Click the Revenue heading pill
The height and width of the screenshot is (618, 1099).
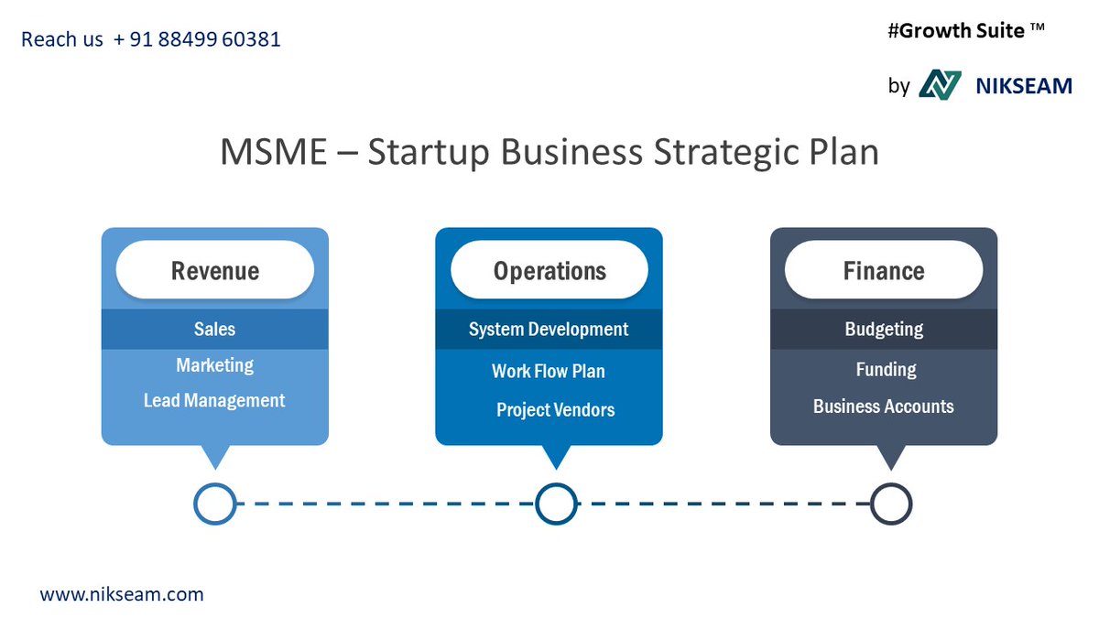[214, 270]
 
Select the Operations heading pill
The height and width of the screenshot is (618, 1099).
[549, 270]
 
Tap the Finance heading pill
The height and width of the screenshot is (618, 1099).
[884, 270]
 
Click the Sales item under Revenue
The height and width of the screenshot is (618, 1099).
[214, 329]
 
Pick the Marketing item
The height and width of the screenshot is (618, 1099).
[214, 365]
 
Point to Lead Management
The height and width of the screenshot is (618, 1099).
[214, 401]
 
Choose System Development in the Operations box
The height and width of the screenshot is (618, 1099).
[549, 329]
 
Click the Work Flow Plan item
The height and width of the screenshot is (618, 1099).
[549, 371]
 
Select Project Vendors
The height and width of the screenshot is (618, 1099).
[555, 409]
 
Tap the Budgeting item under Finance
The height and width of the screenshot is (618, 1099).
[884, 329]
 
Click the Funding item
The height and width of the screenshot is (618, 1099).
[886, 369]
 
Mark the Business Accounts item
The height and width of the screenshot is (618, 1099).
[884, 407]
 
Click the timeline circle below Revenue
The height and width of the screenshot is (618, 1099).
[215, 504]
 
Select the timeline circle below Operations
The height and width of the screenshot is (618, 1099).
[556, 504]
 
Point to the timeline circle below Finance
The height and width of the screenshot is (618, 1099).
[890, 504]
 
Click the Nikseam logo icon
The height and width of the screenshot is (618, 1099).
[940, 85]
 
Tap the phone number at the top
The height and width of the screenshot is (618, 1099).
[197, 39]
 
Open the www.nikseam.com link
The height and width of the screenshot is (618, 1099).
[121, 594]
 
